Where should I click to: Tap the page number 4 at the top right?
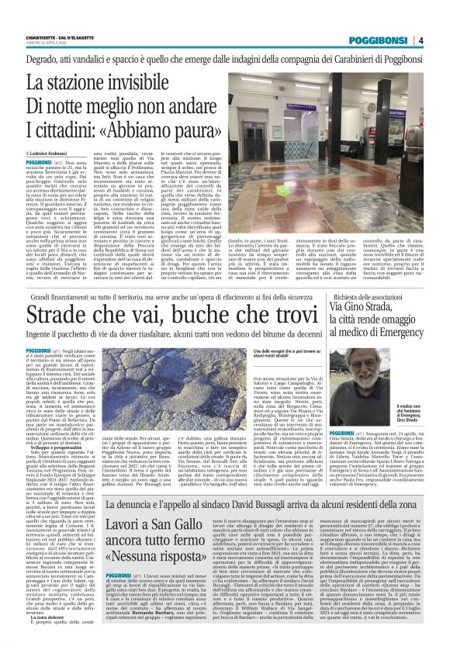tap(441, 41)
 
